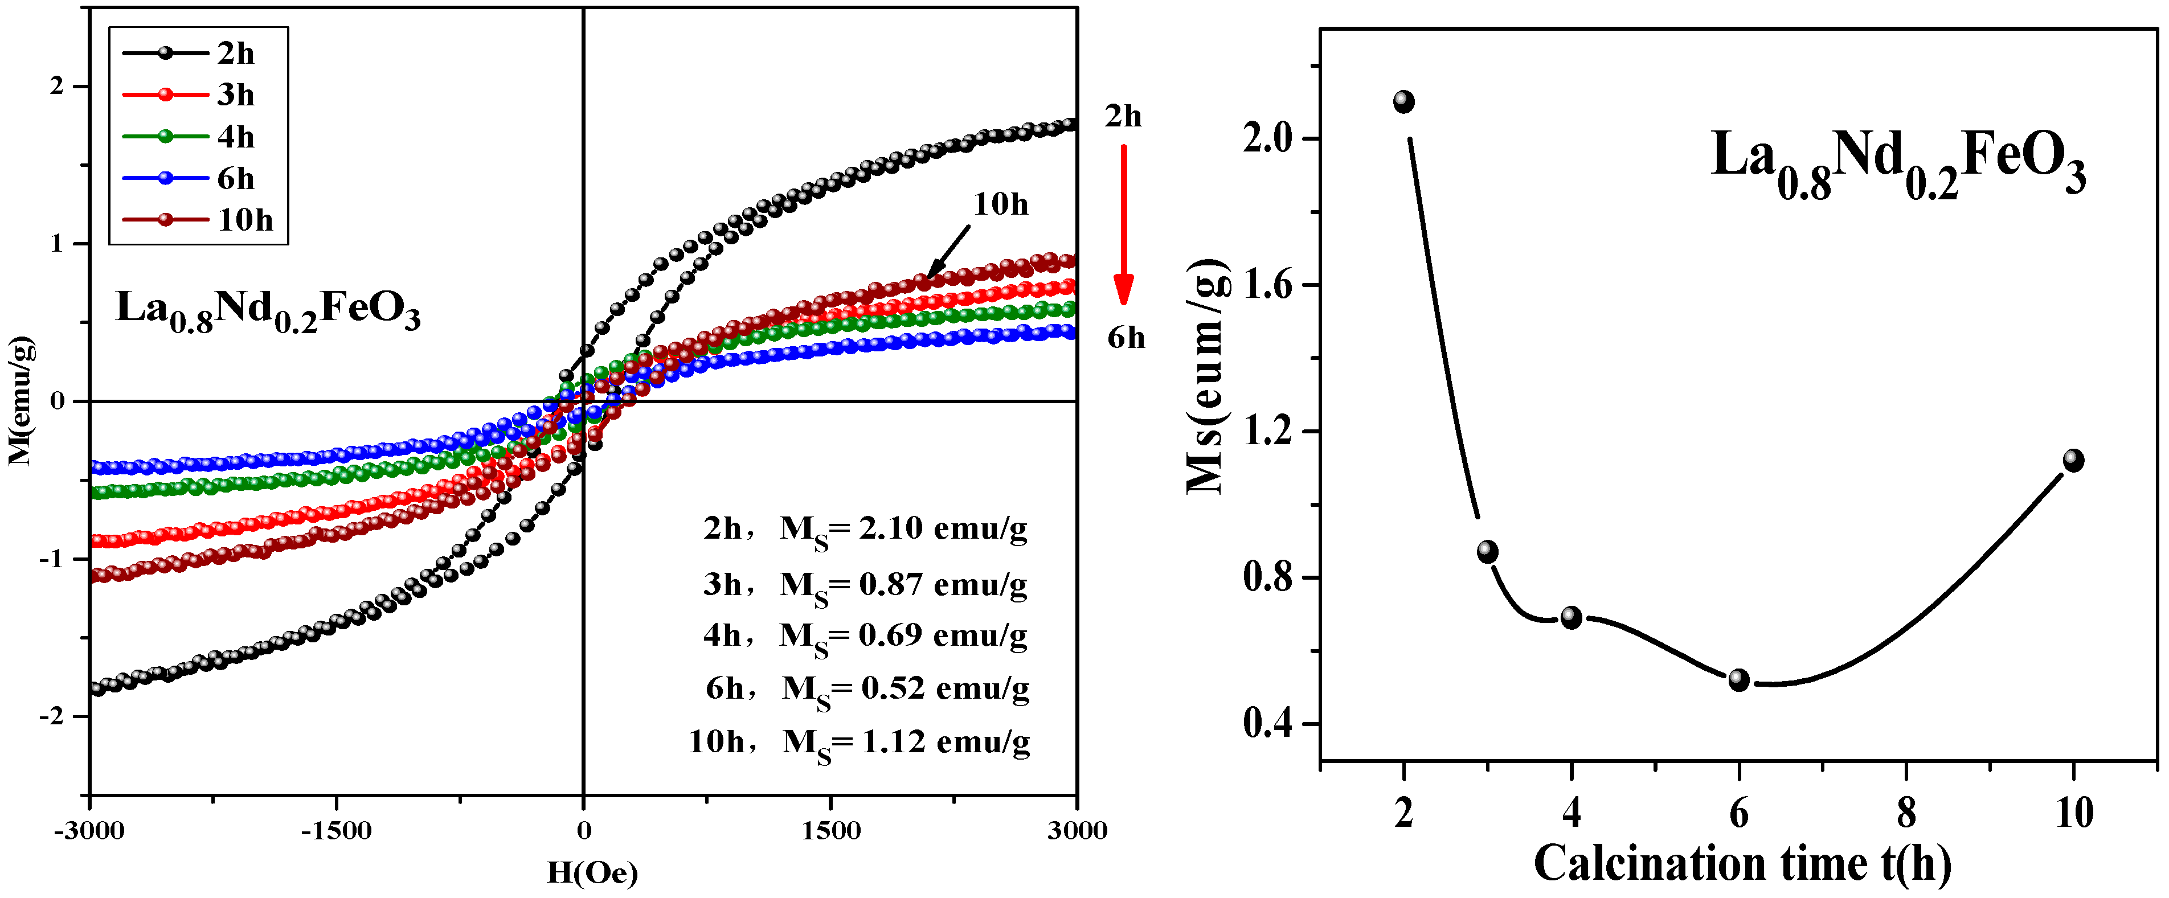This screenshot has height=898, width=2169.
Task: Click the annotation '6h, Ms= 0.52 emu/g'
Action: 867,689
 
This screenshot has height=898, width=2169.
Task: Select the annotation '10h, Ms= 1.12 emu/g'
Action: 860,743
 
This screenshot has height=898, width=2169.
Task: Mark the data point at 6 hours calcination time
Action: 1739,680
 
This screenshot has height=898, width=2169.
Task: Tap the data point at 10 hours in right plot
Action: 2073,460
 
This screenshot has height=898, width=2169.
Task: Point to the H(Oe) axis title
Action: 592,874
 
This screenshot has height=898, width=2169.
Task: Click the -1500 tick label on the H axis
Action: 337,831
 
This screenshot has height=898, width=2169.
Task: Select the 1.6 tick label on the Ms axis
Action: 1267,285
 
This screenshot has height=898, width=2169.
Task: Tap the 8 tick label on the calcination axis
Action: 1906,814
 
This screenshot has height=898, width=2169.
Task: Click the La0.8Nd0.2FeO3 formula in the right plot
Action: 1898,165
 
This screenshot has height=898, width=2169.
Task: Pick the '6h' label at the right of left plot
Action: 1126,338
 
